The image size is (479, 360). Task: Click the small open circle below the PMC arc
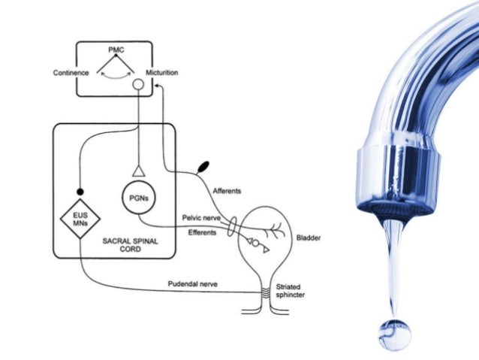point(137,87)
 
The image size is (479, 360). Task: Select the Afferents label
point(227,191)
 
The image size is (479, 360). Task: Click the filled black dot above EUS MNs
point(80,191)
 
